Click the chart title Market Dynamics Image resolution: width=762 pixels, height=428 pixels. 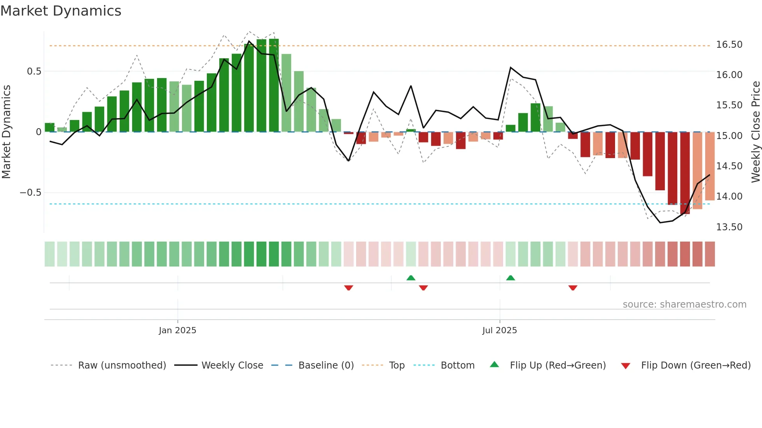coord(61,11)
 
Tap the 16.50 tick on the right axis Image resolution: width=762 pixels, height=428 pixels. coord(729,45)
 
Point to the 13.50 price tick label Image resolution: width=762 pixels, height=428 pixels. coord(729,227)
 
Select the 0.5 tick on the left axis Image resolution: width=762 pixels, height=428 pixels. coord(34,71)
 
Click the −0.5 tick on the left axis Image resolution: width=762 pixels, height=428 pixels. coord(30,193)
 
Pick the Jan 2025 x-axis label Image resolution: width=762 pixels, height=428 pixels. coord(177,331)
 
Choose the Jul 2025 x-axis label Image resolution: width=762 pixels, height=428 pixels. coord(499,331)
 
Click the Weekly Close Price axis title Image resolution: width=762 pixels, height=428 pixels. coord(755,132)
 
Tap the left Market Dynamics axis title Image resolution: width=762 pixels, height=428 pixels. coord(6,132)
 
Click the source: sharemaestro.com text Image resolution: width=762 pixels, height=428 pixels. coord(684,304)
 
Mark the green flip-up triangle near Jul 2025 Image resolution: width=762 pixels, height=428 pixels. coord(510,278)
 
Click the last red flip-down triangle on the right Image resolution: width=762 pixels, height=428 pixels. coord(573,288)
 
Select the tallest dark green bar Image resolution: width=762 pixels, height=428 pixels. coord(274,85)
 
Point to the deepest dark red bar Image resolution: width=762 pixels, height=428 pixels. coord(685,173)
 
